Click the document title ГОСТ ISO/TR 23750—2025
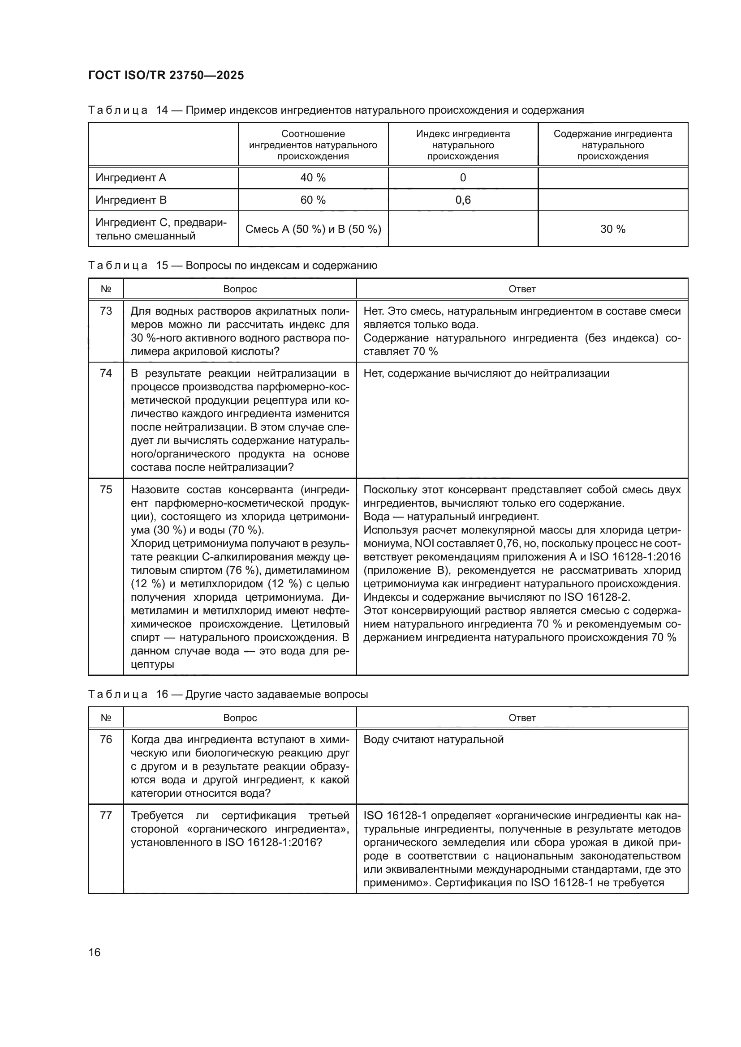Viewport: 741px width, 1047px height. click(166, 76)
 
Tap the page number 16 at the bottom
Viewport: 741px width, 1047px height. click(95, 952)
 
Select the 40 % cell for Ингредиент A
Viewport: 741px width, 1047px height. click(313, 178)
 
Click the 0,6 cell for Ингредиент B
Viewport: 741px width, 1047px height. click(463, 200)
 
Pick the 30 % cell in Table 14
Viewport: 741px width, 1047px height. click(612, 229)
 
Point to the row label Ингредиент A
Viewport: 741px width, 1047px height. click(131, 178)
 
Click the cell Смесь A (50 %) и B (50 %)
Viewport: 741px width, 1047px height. click(313, 229)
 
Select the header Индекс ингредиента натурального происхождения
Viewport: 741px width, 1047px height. click(463, 145)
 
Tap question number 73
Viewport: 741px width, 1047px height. click(106, 311)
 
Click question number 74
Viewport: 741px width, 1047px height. click(106, 373)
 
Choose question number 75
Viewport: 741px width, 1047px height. click(106, 489)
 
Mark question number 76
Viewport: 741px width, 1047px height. click(106, 739)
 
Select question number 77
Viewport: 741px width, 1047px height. click(106, 815)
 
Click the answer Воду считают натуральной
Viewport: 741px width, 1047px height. click(434, 739)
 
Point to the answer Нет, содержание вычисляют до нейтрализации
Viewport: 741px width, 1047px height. click(487, 373)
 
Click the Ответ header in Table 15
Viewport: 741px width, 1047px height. click(522, 289)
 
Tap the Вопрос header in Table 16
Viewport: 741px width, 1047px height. click(240, 718)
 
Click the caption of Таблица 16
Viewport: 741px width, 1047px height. click(228, 694)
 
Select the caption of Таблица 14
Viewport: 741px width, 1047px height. click(336, 111)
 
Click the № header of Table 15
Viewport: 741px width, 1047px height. click(106, 289)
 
